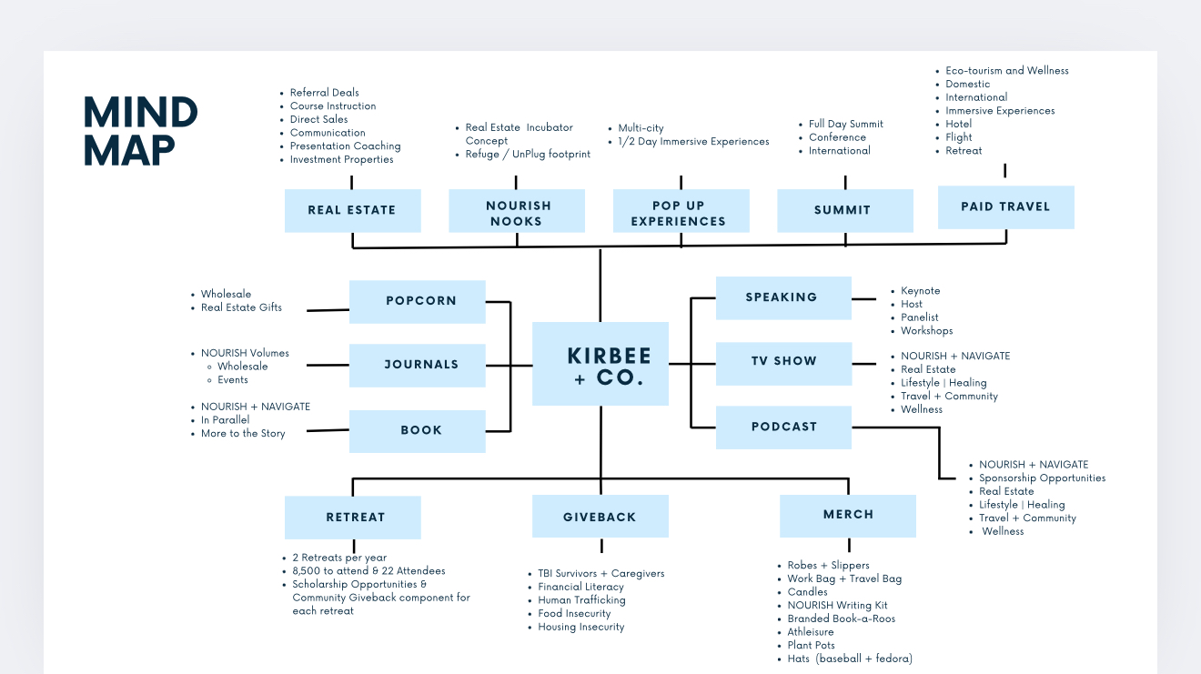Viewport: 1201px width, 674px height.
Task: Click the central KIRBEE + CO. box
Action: tap(600, 364)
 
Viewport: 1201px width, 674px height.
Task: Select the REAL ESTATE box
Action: tap(352, 210)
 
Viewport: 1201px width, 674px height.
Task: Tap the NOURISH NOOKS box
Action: tap(516, 210)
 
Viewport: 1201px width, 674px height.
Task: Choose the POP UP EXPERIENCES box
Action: tap(681, 210)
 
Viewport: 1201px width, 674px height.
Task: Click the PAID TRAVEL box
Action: tap(1006, 207)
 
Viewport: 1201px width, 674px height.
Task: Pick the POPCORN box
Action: tap(417, 301)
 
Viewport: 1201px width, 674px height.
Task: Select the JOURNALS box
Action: tap(417, 365)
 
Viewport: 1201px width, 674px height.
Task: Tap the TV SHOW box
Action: tap(783, 364)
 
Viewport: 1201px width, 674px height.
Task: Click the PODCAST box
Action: tap(783, 428)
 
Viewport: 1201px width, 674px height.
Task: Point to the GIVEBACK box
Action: tap(600, 516)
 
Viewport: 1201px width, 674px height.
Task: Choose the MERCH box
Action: tap(848, 516)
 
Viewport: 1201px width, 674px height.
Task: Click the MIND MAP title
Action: tap(140, 131)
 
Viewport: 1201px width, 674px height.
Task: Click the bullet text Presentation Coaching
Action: tap(346, 146)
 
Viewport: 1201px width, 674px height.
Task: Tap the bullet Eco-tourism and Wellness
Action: tap(1007, 70)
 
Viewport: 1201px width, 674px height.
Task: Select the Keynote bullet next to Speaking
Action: tap(920, 291)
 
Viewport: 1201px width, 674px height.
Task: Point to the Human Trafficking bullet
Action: tap(581, 600)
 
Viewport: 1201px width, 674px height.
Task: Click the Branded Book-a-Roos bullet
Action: tap(842, 619)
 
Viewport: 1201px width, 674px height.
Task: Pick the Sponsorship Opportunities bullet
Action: tap(1043, 478)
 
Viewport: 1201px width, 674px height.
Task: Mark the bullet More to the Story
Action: tap(243, 433)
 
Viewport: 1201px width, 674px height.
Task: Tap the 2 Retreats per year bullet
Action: tap(339, 558)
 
